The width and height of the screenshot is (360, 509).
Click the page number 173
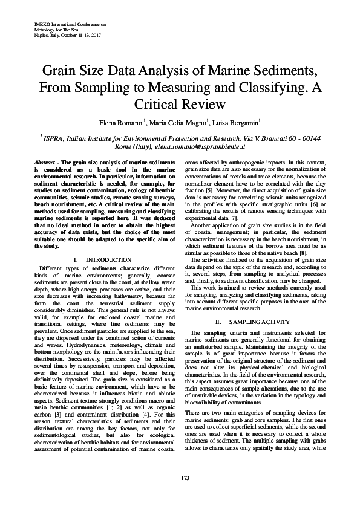(180, 478)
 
